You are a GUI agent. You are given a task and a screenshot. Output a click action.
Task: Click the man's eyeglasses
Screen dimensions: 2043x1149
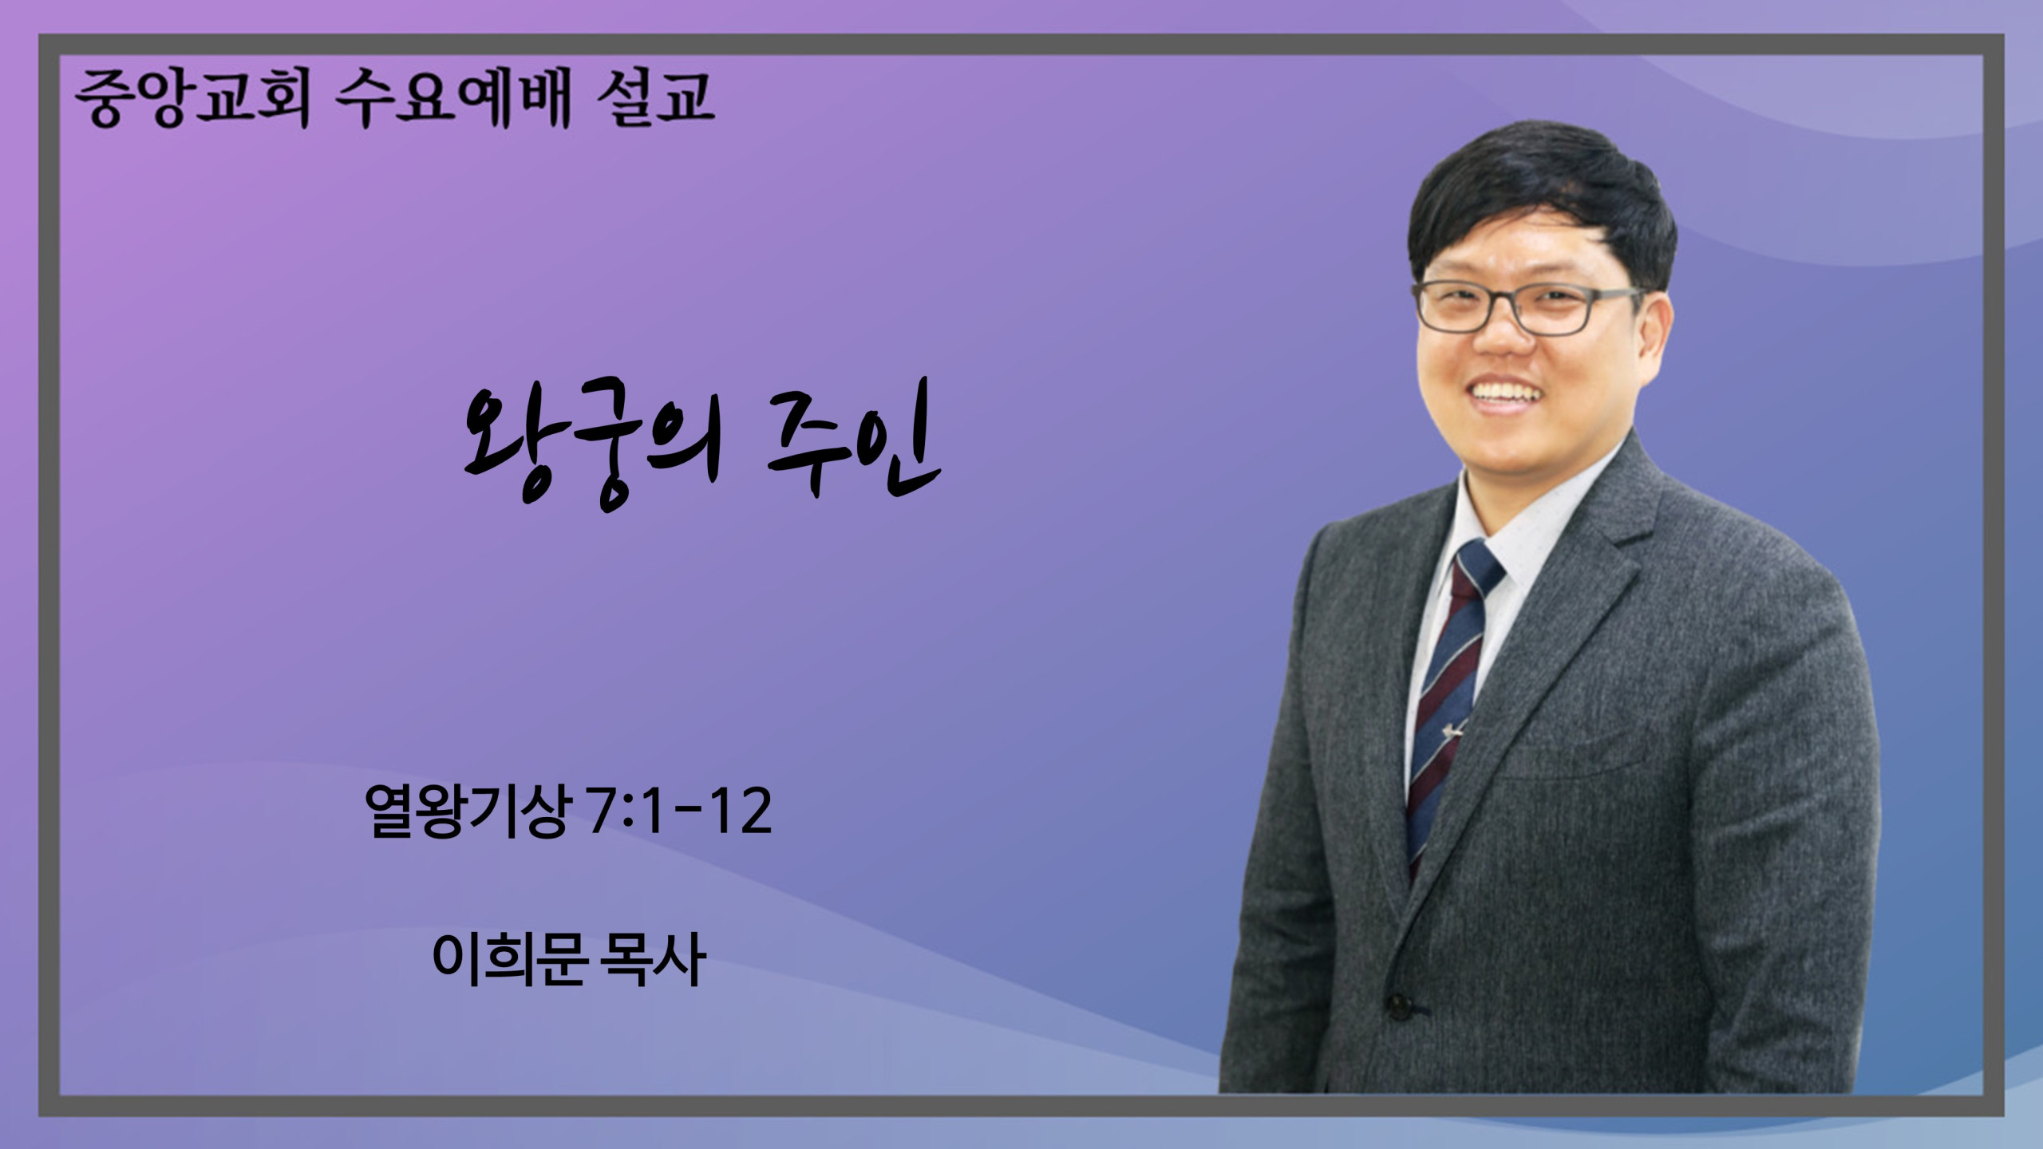click(1528, 307)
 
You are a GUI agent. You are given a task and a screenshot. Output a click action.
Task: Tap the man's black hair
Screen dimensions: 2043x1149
click(1540, 199)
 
